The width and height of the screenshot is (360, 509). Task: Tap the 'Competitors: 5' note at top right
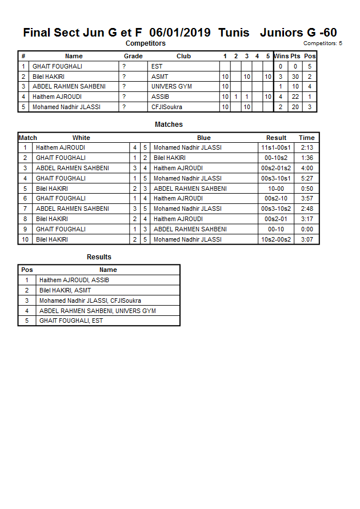coord(323,43)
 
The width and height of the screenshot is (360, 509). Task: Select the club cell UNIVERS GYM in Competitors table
coord(171,87)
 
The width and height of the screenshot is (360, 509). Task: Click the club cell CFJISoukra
coord(166,107)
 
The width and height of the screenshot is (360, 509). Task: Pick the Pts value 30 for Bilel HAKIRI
coord(295,77)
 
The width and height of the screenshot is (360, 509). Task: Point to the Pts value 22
coord(295,97)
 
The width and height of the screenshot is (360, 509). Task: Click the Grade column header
coord(133,56)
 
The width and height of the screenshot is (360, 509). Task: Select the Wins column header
coord(281,56)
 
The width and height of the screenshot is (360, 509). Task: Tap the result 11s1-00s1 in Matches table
coord(276,148)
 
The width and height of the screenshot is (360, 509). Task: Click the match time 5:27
coord(307,178)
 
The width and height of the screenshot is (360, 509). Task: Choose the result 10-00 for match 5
coord(276,189)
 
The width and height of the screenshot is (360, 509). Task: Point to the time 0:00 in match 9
coord(307,230)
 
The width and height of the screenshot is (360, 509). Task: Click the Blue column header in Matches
coord(203,138)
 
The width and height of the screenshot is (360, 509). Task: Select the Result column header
coord(276,138)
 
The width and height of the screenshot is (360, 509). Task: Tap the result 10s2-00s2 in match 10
coord(276,240)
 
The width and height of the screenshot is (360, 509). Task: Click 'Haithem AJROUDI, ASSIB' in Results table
coord(74,280)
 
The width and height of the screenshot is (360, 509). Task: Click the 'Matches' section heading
coord(169,125)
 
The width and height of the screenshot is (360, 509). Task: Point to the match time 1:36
coord(307,158)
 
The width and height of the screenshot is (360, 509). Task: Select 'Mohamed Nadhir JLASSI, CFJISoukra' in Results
coord(90,301)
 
